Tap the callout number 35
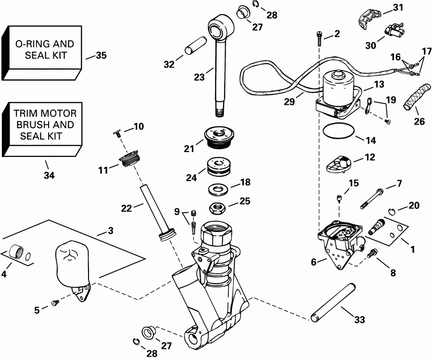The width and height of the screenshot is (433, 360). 101,55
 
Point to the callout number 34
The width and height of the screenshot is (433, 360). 49,176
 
